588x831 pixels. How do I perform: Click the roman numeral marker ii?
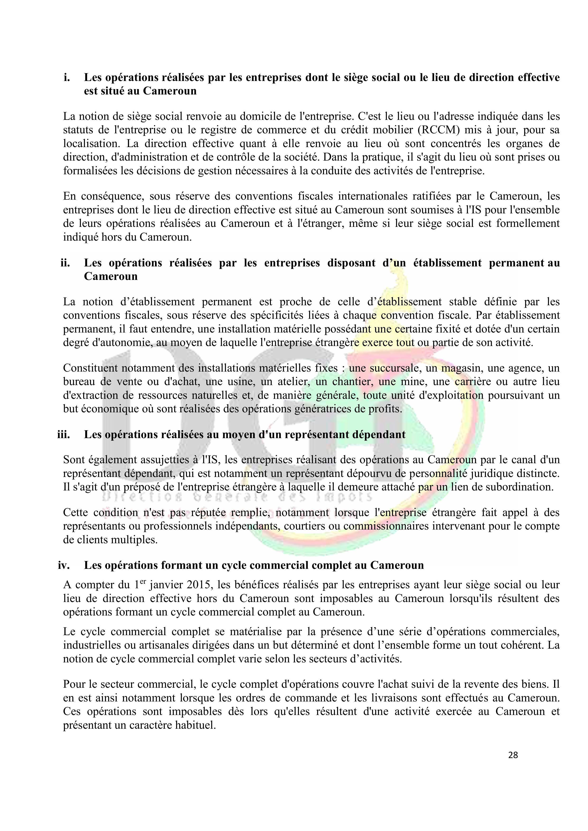click(65, 263)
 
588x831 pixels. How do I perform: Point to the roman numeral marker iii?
click(64, 434)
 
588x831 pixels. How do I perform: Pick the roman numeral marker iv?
click(64, 565)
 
